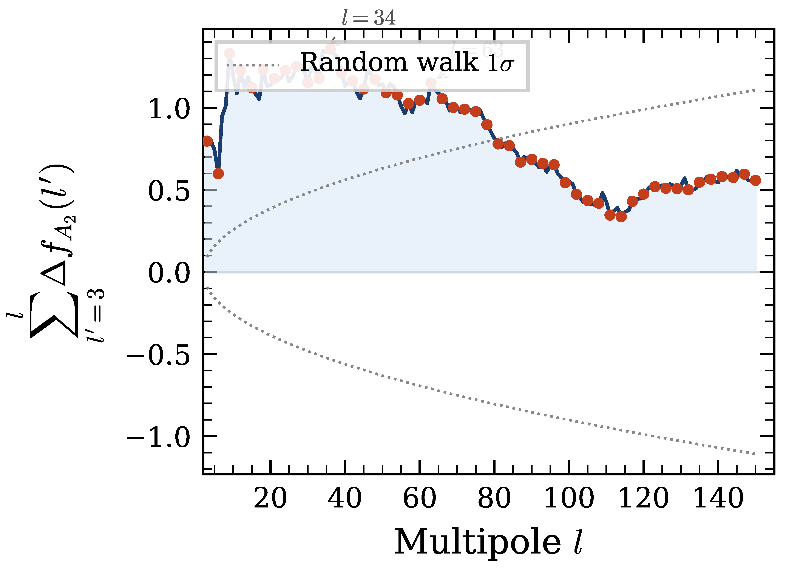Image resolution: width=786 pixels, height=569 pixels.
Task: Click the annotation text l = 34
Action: [368, 18]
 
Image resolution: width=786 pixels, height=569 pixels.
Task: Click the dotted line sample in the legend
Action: [253, 65]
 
